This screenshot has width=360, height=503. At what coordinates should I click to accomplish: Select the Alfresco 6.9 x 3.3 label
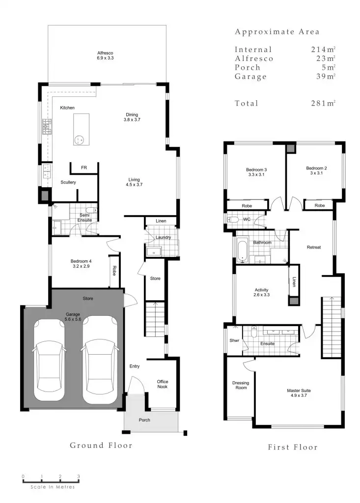pyautogui.click(x=105, y=56)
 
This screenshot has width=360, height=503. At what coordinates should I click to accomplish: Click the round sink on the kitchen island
pyautogui.click(x=79, y=140)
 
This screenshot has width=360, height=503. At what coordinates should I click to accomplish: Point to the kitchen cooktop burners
pyautogui.click(x=47, y=127)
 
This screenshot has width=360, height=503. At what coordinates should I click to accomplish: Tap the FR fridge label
pyautogui.click(x=84, y=168)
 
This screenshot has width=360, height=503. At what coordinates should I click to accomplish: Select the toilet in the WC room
pyautogui.click(x=233, y=219)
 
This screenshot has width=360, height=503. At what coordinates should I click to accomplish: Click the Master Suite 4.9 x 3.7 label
pyautogui.click(x=299, y=393)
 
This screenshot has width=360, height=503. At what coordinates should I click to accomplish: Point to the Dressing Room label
pyautogui.click(x=241, y=385)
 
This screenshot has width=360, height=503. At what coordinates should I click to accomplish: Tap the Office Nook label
pyautogui.click(x=162, y=384)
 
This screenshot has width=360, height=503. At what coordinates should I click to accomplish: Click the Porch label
pyautogui.click(x=144, y=420)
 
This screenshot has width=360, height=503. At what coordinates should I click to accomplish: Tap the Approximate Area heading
pyautogui.click(x=277, y=32)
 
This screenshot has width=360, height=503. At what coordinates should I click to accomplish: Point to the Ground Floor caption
pyautogui.click(x=101, y=446)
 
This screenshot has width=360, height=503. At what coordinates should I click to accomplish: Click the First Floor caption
pyautogui.click(x=292, y=447)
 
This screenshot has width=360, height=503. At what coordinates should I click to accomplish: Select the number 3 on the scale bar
pyautogui.click(x=79, y=476)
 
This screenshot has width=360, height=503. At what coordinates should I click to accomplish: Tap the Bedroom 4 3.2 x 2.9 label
pyautogui.click(x=81, y=263)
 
